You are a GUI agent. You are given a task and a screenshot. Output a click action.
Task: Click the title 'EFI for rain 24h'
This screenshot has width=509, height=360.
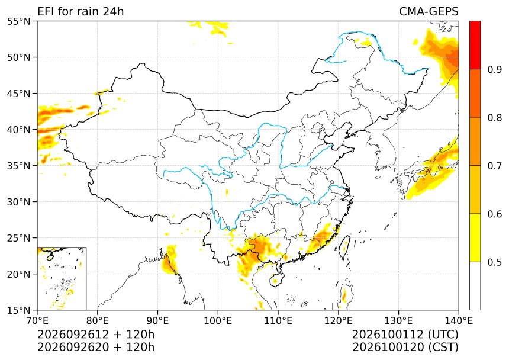[80, 12]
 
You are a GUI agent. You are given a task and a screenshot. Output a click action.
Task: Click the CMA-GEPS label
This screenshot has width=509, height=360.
[429, 12]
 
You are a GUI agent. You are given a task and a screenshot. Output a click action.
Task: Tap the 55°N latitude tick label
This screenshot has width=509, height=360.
[18, 21]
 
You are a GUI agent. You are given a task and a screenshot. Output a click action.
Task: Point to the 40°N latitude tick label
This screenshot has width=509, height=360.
[18, 130]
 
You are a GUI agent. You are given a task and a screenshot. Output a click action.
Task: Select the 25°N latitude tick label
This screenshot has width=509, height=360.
[18, 238]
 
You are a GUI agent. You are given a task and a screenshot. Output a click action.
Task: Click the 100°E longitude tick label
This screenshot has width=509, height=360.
[218, 321]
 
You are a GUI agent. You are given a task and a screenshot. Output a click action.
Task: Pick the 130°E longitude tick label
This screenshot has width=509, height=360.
[399, 321]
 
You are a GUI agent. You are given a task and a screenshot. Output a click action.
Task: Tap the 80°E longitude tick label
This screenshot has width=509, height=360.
[98, 321]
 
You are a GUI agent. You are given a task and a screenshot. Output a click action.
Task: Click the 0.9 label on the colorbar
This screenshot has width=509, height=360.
[494, 69]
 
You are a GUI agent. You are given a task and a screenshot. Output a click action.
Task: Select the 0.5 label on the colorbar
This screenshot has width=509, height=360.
[494, 262]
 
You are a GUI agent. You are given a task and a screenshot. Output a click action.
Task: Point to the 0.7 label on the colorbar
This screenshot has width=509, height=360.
[494, 166]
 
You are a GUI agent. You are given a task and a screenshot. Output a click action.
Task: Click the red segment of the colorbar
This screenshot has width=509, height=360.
[475, 45]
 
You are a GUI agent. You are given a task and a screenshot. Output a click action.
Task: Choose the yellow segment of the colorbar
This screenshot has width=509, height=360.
[475, 237]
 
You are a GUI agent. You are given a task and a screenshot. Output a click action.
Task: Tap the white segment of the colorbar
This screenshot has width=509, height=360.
[475, 286]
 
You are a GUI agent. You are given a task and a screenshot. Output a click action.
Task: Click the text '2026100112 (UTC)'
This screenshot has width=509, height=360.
[405, 334]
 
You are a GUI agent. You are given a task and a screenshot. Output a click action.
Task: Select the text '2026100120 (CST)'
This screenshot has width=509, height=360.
[405, 347]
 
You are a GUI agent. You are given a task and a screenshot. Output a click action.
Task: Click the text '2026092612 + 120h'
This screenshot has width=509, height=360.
[96, 334]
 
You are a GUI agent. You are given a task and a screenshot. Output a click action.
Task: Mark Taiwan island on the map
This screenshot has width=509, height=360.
[344, 247]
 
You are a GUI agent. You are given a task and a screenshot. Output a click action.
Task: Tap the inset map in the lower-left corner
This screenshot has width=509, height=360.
[62, 278]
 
